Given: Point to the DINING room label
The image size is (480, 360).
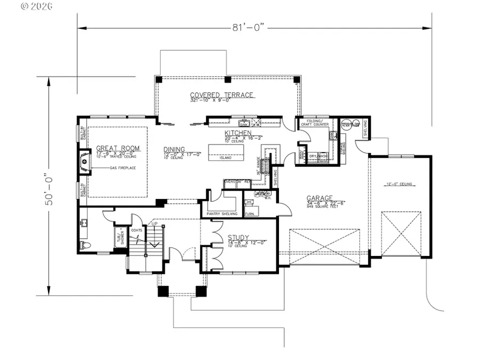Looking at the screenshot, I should [174, 149].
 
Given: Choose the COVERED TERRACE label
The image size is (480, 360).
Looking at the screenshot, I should [222, 95].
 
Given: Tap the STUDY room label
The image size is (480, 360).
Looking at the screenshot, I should [238, 237].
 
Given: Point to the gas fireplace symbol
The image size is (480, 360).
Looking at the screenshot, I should [84, 160].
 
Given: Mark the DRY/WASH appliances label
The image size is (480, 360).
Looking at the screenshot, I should [317, 156].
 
